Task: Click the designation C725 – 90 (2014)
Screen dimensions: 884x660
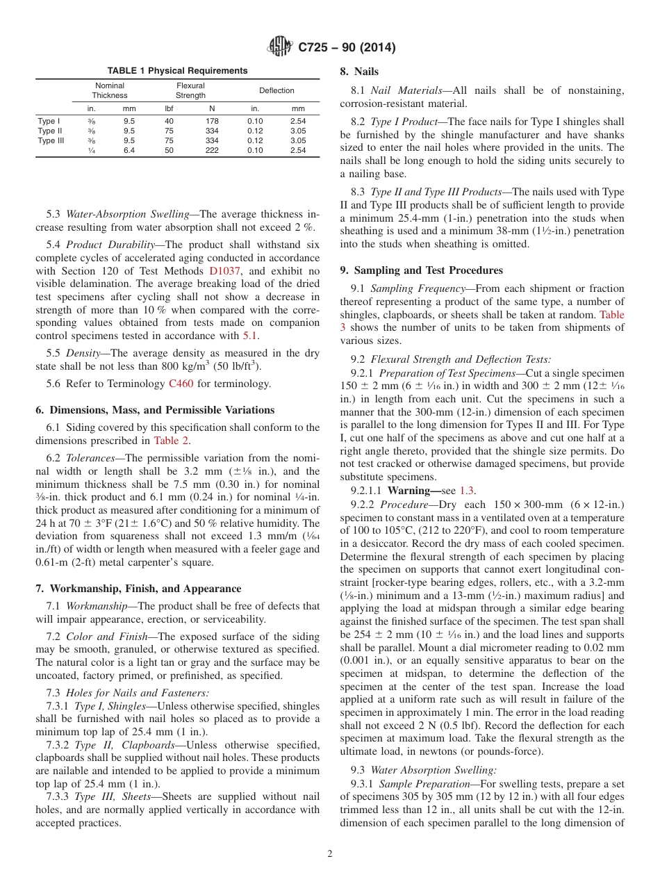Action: pyautogui.click(x=347, y=48)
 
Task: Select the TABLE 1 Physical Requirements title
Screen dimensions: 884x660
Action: pyautogui.click(x=177, y=71)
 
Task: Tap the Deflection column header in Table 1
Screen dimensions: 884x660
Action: pyautogui.click(x=277, y=90)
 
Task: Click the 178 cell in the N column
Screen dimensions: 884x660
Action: pyautogui.click(x=212, y=121)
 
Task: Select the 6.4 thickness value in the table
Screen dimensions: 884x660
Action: pyautogui.click(x=129, y=150)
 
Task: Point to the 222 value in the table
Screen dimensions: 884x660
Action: pyautogui.click(x=212, y=150)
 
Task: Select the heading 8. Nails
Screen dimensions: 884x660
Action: pyautogui.click(x=358, y=71)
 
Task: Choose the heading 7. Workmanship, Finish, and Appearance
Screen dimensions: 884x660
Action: pyautogui.click(x=139, y=588)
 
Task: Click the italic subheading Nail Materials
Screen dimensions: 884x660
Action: pyautogui.click(x=400, y=90)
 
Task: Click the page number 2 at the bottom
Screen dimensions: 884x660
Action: pyautogui.click(x=330, y=853)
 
